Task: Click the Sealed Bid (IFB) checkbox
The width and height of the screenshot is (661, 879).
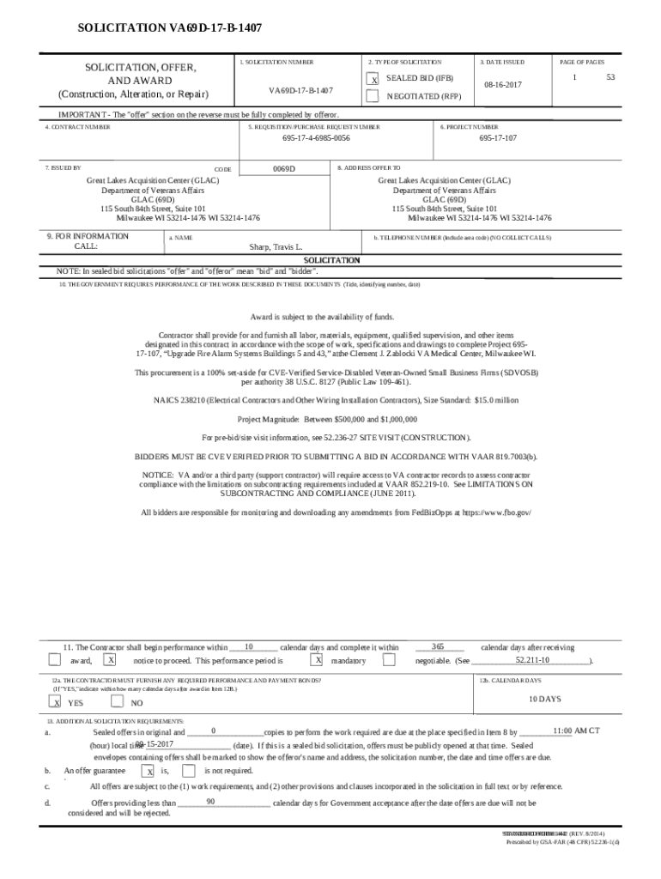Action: [373, 79]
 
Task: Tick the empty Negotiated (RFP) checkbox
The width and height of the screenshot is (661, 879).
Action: [373, 96]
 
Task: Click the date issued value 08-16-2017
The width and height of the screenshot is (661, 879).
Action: [501, 86]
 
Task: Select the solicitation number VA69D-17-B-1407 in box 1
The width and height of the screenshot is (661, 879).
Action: [301, 90]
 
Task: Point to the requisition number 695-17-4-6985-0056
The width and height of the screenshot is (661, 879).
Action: [317, 137]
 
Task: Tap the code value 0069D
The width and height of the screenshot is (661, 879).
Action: [284, 169]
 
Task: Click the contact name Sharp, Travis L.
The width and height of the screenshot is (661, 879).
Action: [276, 246]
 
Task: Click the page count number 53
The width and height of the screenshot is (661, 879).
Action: [611, 78]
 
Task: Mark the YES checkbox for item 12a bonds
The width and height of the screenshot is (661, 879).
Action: [56, 702]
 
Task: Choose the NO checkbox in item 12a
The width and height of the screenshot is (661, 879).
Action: [118, 701]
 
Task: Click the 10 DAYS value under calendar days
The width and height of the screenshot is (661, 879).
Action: [544, 700]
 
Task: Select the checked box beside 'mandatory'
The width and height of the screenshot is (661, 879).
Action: [318, 660]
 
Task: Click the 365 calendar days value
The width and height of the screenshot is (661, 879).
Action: [438, 646]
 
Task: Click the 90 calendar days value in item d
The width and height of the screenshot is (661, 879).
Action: [210, 801]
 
